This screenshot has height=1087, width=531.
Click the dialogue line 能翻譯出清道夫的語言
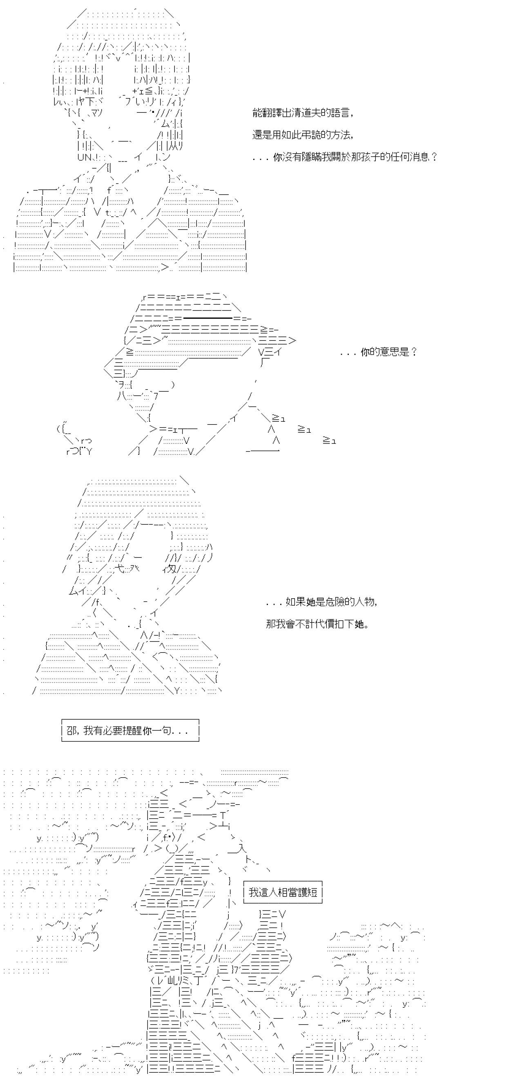pos(302,113)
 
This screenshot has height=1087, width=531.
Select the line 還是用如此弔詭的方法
pos(302,135)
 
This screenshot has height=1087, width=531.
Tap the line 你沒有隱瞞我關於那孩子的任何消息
pos(345,157)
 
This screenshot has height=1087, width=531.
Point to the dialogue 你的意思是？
pos(378,352)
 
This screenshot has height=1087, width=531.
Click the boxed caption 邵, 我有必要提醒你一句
pos(130,730)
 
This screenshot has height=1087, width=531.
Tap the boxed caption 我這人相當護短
pos(283,892)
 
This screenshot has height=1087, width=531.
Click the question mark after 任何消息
pos(435,157)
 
